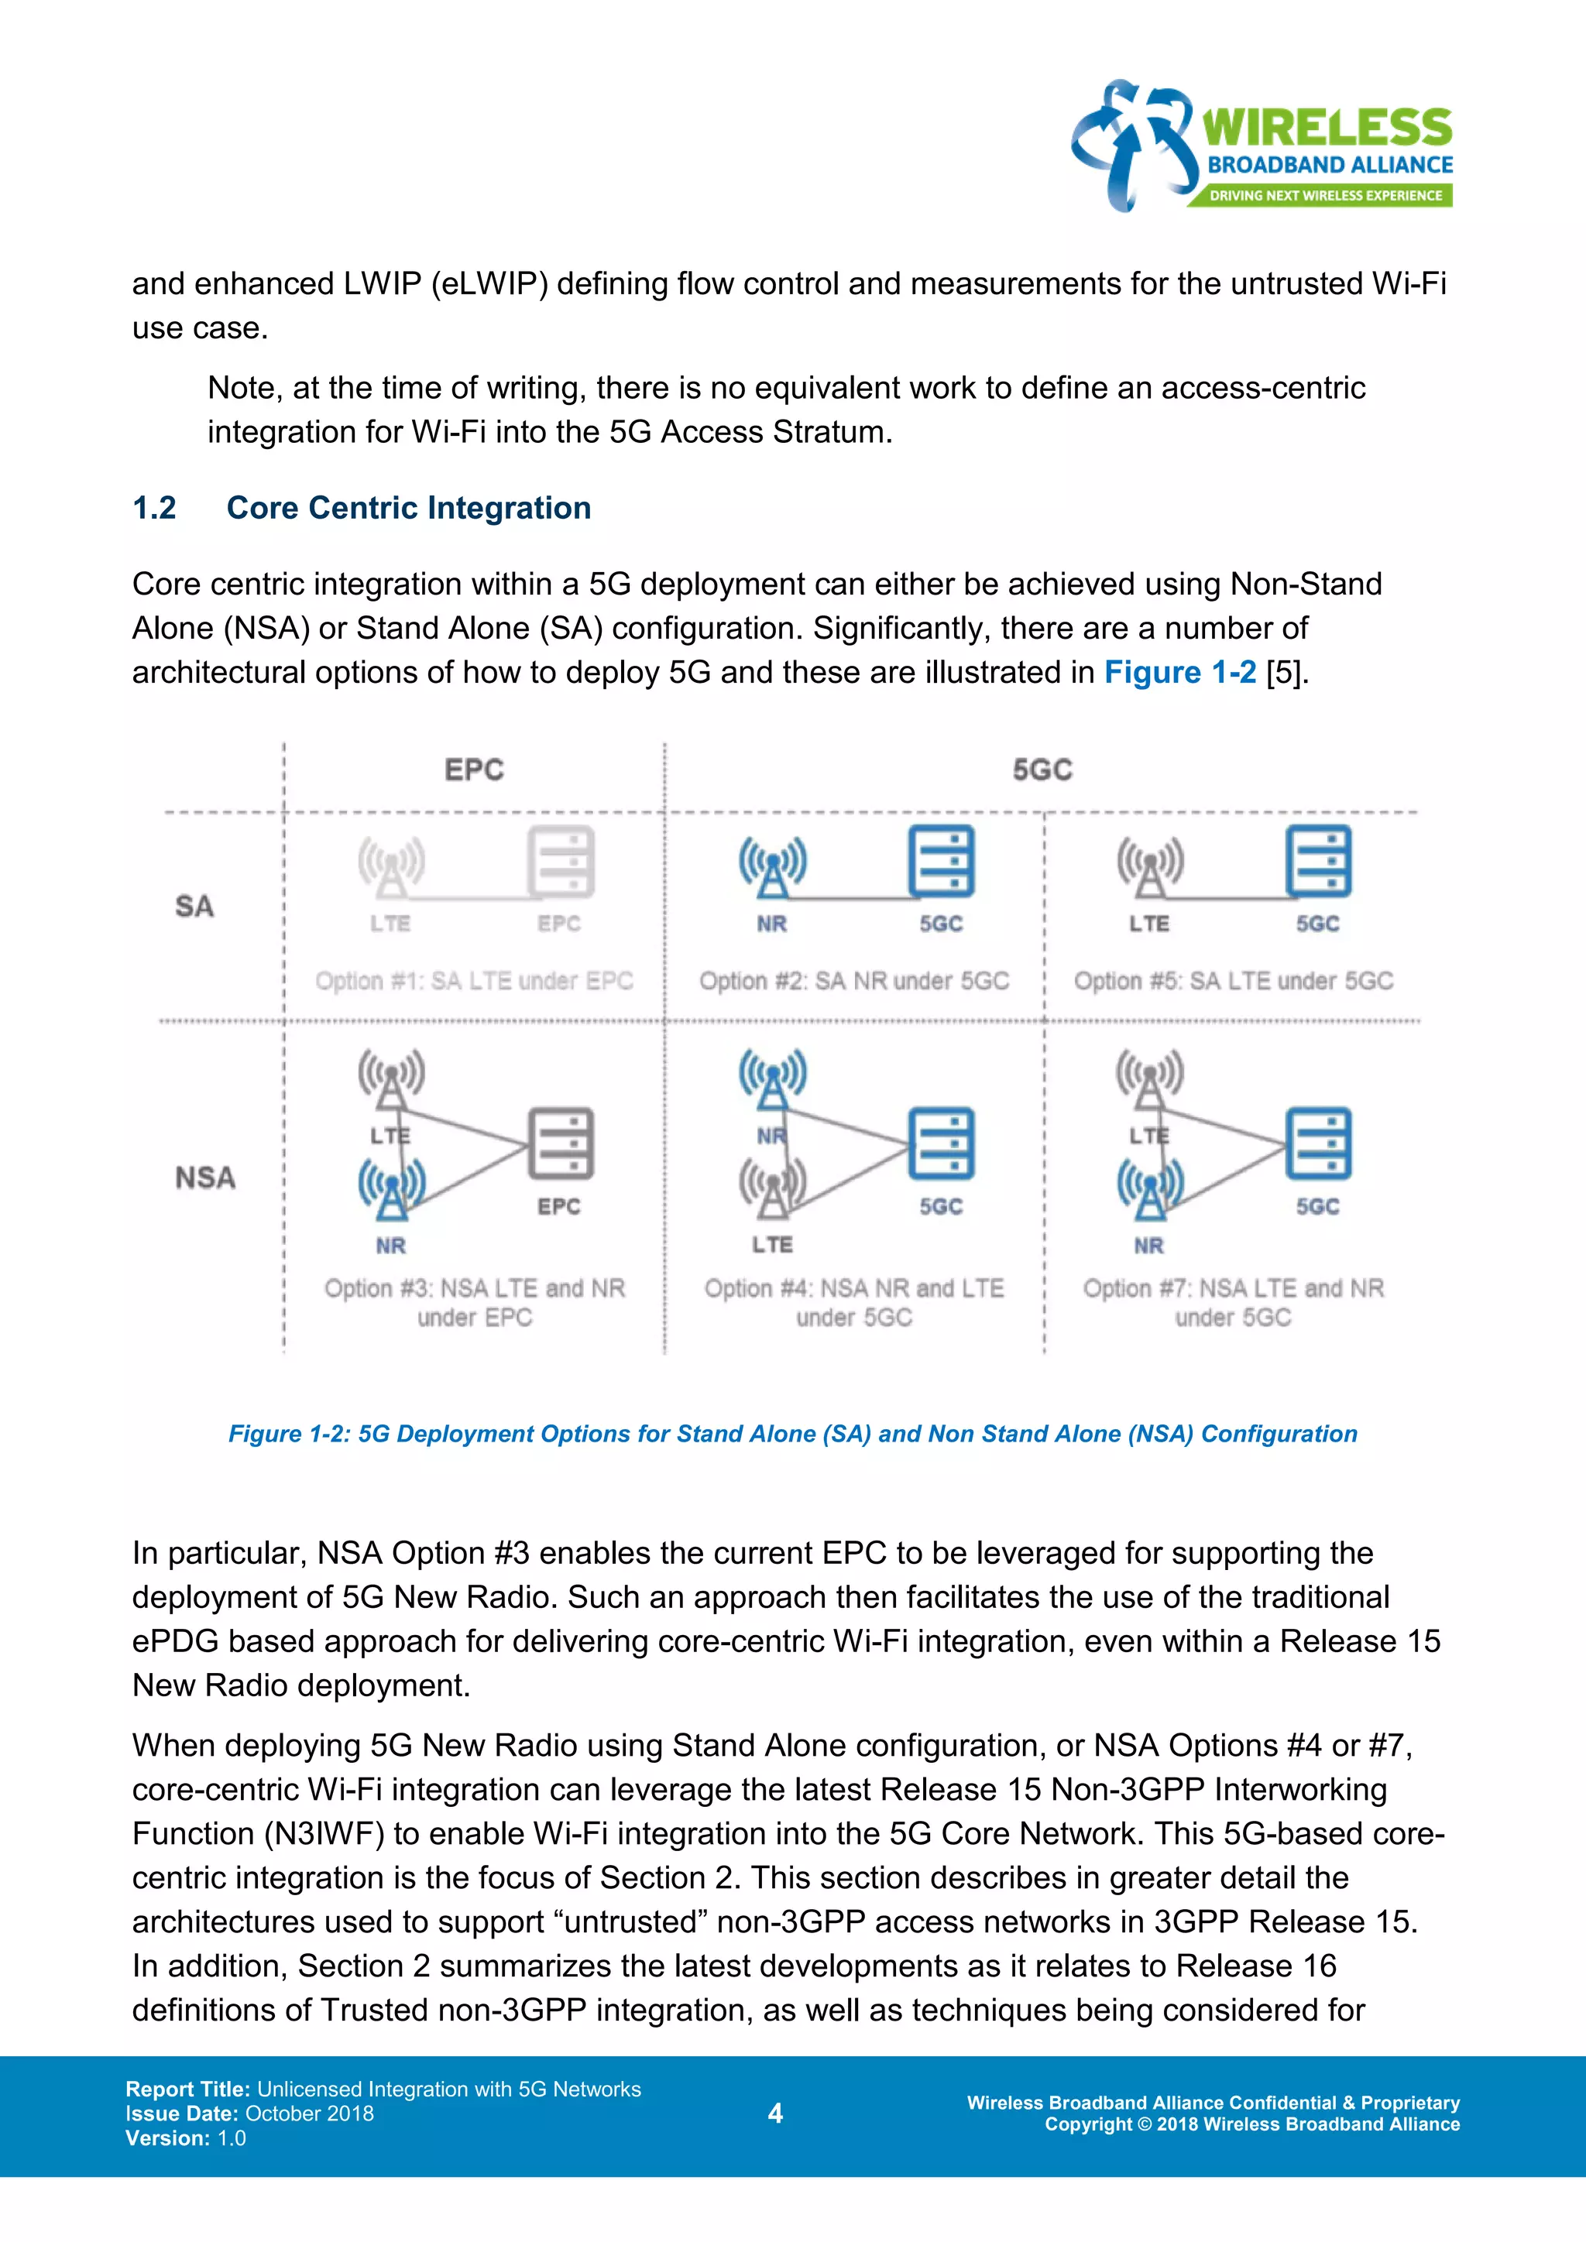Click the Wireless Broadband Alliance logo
(1261, 146)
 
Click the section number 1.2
(154, 508)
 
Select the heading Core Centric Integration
(408, 508)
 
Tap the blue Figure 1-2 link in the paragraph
(1179, 673)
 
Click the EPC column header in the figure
(474, 770)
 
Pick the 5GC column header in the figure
(1042, 770)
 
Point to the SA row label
(194, 907)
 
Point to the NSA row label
(205, 1178)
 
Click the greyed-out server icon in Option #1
(561, 861)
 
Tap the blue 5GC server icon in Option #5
(1318, 861)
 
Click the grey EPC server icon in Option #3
(561, 1143)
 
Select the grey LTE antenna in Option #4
(773, 1188)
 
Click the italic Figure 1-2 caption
(792, 1434)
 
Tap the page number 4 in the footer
(775, 2113)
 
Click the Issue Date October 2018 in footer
(250, 2113)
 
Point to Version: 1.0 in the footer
(186, 2137)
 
